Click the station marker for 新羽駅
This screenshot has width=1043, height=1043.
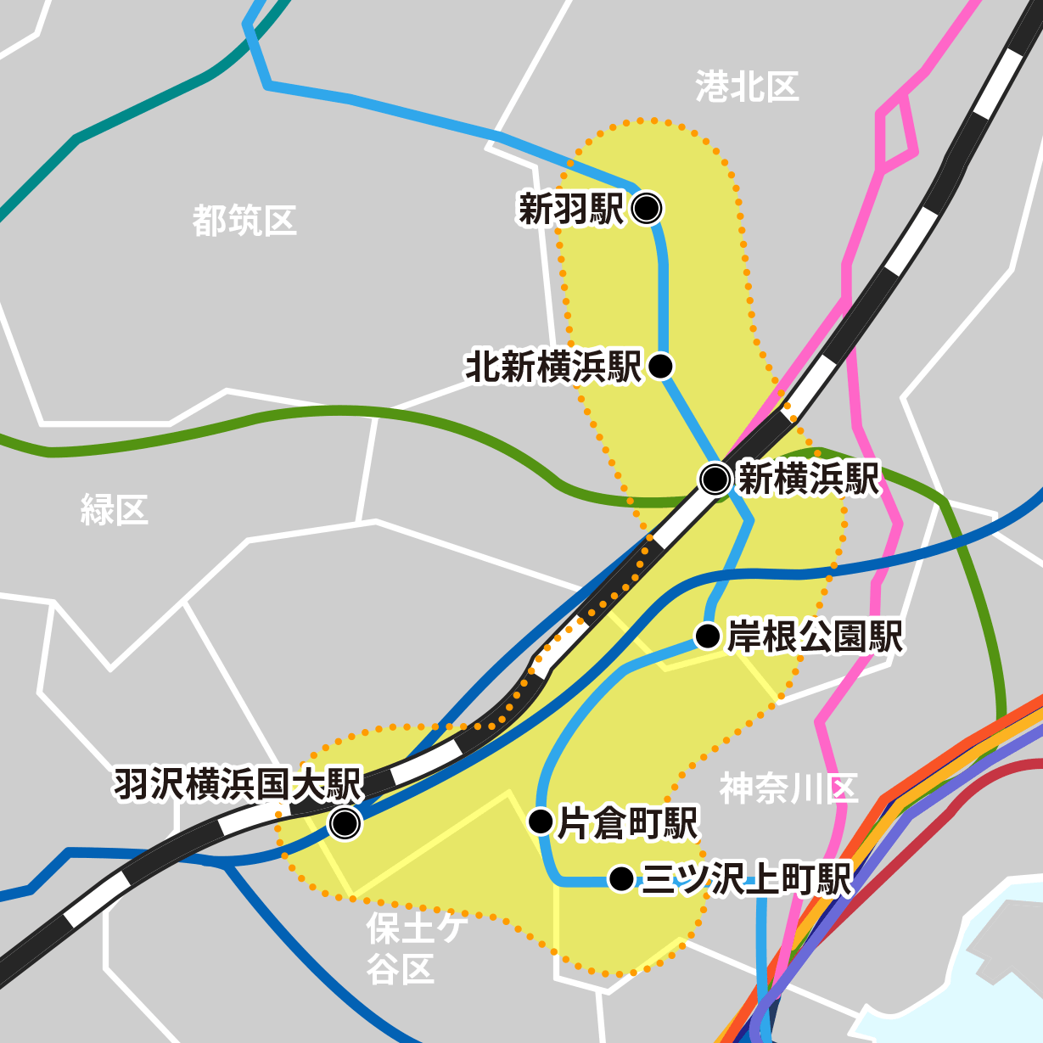tap(647, 207)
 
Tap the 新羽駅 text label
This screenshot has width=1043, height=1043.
tap(570, 208)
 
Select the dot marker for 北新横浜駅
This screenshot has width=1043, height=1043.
tap(660, 366)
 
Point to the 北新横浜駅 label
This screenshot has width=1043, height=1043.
tap(553, 367)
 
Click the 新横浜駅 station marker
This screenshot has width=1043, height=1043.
tap(715, 479)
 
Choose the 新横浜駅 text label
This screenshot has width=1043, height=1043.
tap(809, 479)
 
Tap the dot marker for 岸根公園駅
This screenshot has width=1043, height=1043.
tap(708, 636)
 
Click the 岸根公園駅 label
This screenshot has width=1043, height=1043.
tap(816, 636)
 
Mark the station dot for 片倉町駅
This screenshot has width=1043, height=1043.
tap(541, 822)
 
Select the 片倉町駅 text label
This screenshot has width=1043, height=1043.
tap(627, 823)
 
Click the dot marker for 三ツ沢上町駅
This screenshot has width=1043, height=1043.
tap(621, 879)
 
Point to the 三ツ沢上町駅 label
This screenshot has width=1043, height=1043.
tap(746, 880)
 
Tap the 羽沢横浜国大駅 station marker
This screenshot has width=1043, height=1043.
tap(345, 822)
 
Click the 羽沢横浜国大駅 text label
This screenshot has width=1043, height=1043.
tap(238, 784)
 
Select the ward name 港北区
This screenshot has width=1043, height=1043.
tap(747, 87)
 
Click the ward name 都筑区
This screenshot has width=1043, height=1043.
tap(244, 221)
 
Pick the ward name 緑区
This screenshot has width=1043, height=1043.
tap(115, 509)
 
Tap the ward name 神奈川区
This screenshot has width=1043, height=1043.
tap(788, 788)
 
